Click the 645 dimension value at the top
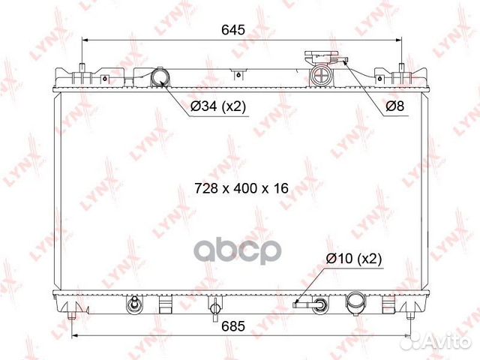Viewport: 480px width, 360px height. click(233, 30)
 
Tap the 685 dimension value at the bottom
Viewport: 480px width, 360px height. click(233, 326)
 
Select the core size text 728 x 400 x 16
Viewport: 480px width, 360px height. click(241, 188)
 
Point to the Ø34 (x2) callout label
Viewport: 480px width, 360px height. click(218, 106)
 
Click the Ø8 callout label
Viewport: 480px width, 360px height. click(395, 106)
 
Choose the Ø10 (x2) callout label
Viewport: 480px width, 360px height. click(354, 259)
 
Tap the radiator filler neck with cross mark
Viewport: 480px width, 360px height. click(321, 74)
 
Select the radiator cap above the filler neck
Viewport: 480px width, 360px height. click(326, 57)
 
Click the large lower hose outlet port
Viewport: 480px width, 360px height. click(355, 302)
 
